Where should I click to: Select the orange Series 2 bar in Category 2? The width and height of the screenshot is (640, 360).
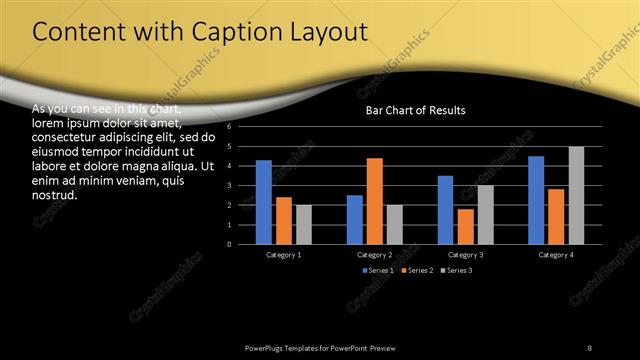click(374, 201)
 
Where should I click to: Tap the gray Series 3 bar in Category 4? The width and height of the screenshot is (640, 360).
click(576, 195)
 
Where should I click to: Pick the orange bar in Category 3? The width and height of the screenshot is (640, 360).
click(465, 226)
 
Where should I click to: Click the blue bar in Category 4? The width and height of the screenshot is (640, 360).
click(536, 200)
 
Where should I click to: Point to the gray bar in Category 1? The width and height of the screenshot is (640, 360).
click(304, 224)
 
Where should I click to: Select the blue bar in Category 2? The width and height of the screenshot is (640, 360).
click(355, 219)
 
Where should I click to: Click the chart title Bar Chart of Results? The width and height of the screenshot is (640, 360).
click(415, 110)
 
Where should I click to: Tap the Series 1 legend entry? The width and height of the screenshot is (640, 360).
click(378, 271)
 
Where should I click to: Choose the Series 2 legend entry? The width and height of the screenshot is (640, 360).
click(417, 271)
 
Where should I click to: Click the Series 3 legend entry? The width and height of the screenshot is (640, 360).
click(456, 271)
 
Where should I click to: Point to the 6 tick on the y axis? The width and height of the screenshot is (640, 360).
click(230, 127)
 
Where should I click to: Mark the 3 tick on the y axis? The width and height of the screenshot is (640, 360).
click(230, 186)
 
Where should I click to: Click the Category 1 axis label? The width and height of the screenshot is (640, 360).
click(284, 255)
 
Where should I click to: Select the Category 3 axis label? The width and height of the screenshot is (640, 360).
click(465, 255)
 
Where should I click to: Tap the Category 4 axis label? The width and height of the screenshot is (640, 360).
click(556, 255)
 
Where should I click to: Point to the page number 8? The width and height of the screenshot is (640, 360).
click(589, 347)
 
